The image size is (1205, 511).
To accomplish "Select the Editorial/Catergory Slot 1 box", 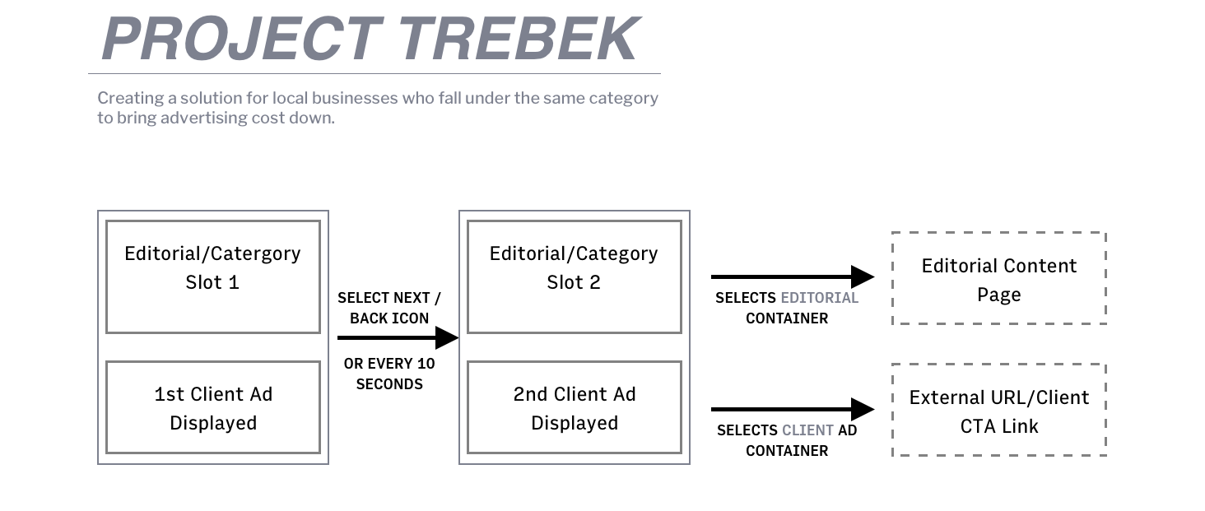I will point(212,276).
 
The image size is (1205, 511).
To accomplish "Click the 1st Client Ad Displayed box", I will point(212,407).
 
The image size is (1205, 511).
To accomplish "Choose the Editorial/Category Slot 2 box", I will point(574,276).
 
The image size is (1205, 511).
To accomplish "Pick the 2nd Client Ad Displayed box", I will point(574,407).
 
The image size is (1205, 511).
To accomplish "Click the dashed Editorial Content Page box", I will point(998,278).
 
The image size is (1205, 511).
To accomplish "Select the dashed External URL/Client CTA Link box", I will point(998,410).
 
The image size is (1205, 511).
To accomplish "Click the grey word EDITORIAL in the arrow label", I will point(819,298).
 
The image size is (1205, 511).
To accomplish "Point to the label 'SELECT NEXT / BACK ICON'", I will point(389,308).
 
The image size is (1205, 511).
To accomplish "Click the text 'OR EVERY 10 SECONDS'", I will point(389,374).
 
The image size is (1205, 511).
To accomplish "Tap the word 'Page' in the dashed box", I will point(998,295).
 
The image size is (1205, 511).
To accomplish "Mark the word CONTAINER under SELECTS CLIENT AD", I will point(787,451).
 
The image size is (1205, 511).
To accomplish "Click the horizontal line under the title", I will point(375,74).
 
